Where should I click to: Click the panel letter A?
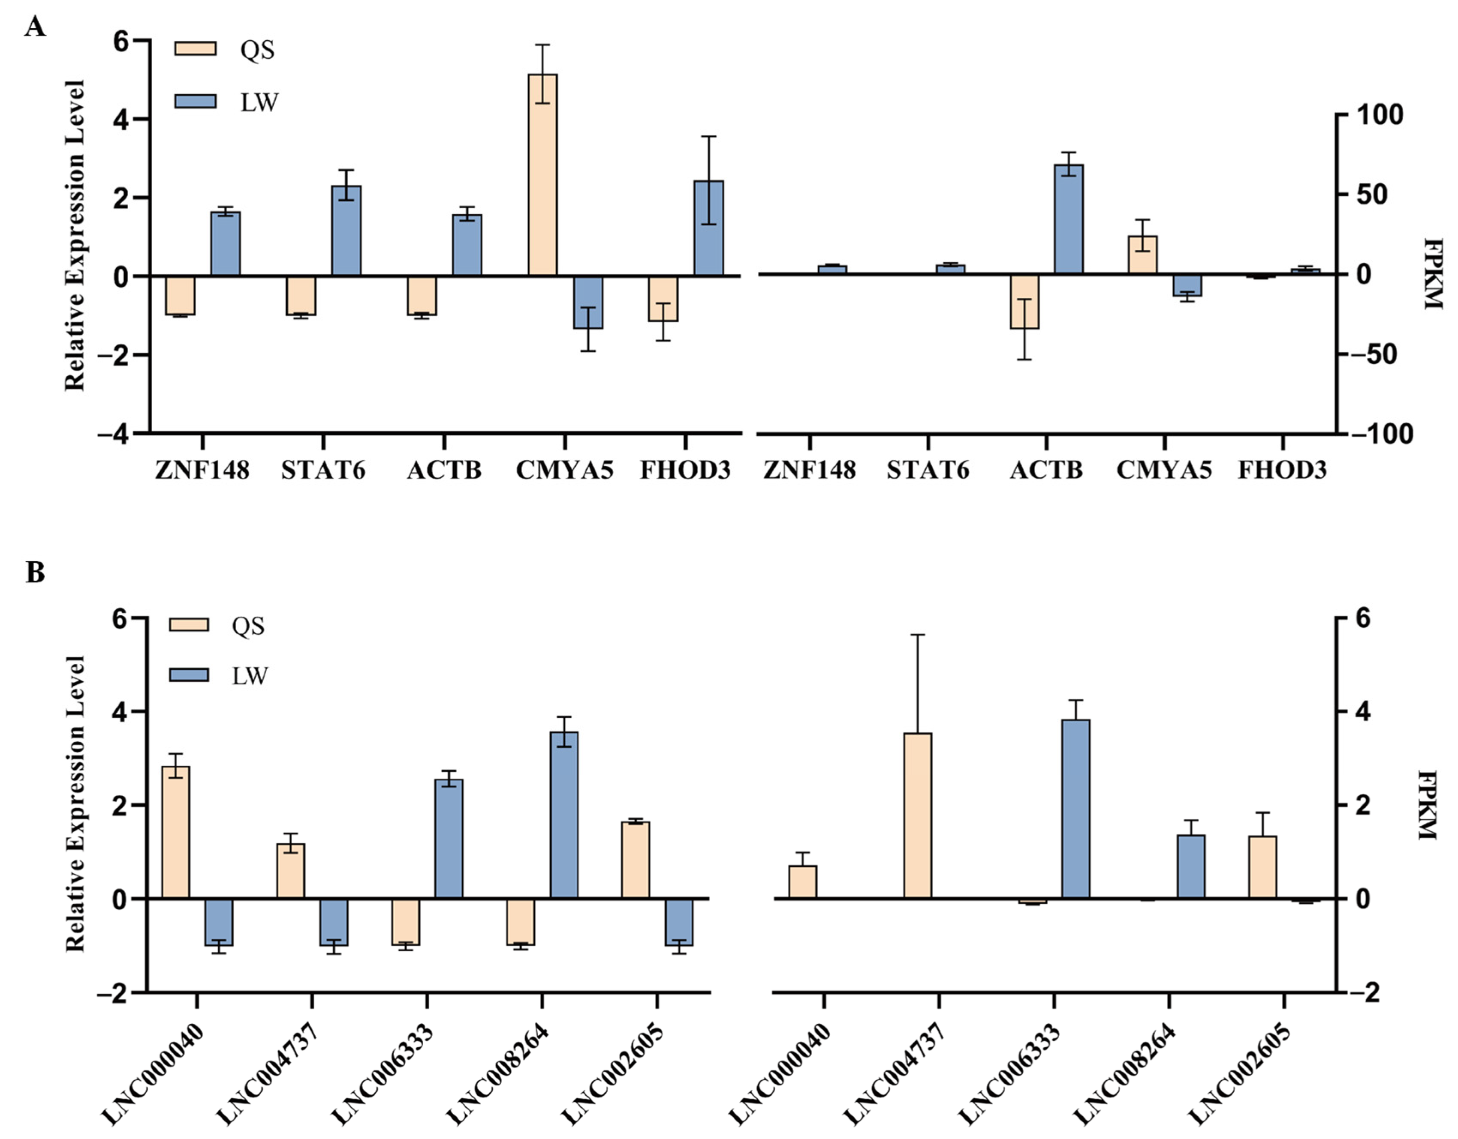pos(35,27)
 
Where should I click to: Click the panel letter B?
pos(35,572)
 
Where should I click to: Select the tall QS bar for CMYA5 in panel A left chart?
pos(542,175)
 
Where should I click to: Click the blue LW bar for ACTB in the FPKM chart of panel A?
pos(1069,219)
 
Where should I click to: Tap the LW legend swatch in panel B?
pos(189,675)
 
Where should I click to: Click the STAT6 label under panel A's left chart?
pos(323,471)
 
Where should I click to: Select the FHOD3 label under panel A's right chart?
pos(1283,471)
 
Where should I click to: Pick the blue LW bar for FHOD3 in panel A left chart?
pos(708,228)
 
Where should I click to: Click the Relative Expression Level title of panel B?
pos(75,803)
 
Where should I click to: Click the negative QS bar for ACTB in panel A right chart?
pos(1024,301)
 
